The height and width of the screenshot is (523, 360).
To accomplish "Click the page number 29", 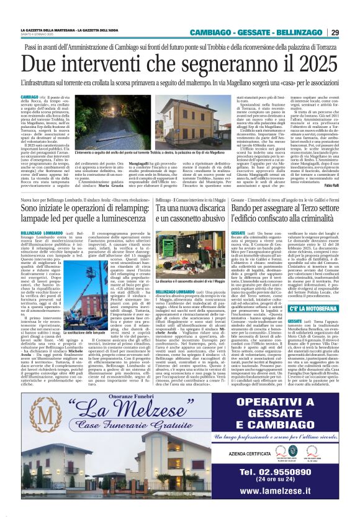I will [x=335, y=32].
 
